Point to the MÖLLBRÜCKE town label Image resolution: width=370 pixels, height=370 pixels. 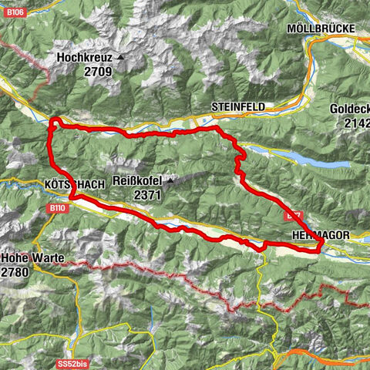(x=320, y=29)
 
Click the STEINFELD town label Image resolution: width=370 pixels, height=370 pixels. (x=237, y=106)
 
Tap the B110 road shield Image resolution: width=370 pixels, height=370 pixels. (x=57, y=208)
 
